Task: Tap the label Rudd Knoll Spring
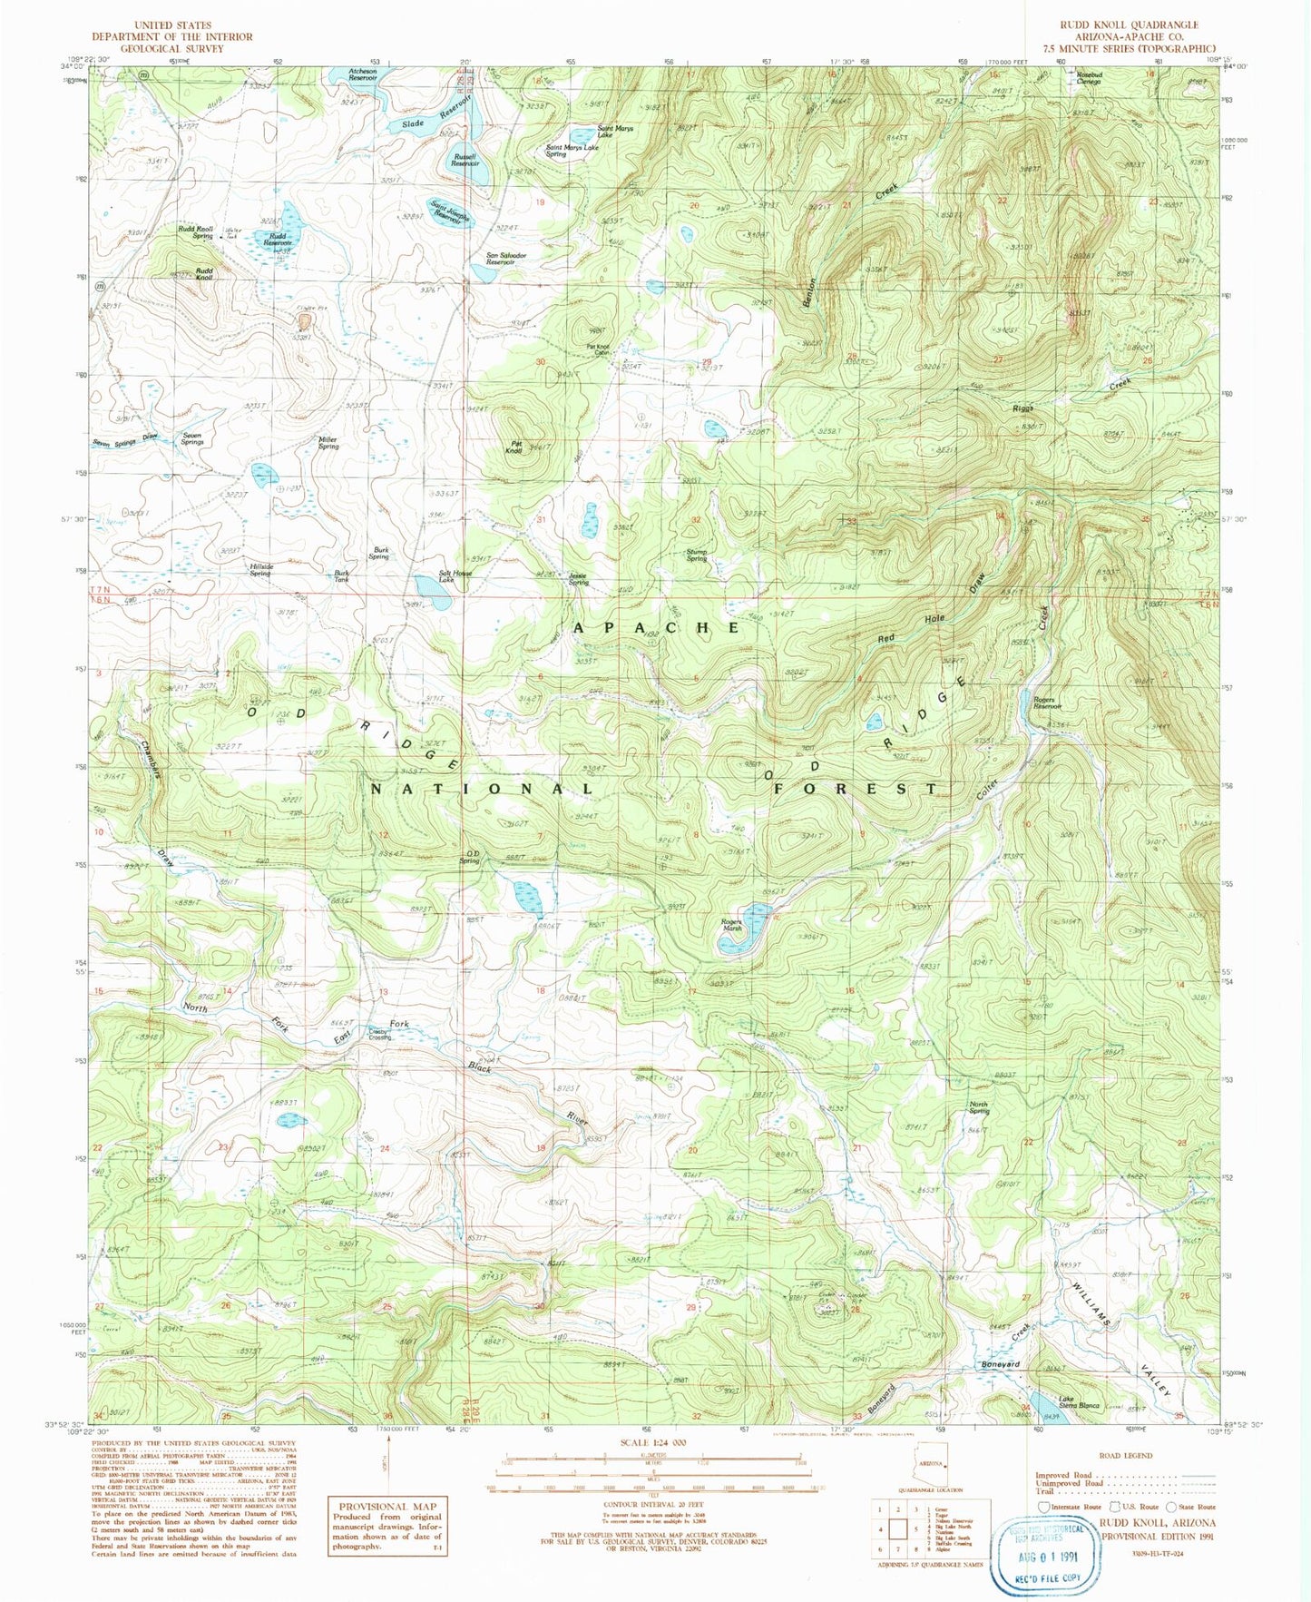(195, 232)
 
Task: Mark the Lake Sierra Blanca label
(1077, 1402)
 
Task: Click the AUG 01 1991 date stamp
(1051, 1556)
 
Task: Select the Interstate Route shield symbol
(1043, 1506)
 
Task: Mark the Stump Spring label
(696, 555)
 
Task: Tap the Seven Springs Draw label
(124, 442)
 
